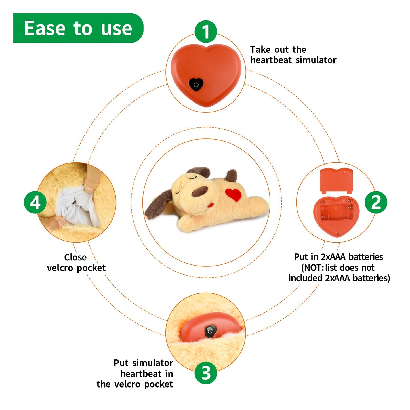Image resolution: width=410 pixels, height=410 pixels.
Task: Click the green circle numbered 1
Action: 205,31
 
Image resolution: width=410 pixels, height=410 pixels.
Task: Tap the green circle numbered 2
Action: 376,202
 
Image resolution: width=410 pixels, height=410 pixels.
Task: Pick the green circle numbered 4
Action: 35,202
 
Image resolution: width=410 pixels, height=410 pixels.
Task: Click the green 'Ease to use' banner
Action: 78,28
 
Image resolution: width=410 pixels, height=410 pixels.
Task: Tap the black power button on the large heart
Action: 196,85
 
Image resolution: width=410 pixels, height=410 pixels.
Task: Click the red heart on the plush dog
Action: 234,194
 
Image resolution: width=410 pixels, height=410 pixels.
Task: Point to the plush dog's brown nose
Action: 199,191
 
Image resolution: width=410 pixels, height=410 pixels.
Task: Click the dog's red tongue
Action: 211,205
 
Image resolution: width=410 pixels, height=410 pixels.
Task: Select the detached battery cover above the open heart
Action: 337,181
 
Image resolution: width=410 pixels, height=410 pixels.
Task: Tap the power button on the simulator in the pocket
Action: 211,331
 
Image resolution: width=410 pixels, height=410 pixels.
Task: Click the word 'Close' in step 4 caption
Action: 75,257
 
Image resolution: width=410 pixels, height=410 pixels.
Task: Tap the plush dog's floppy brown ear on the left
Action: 158,205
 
